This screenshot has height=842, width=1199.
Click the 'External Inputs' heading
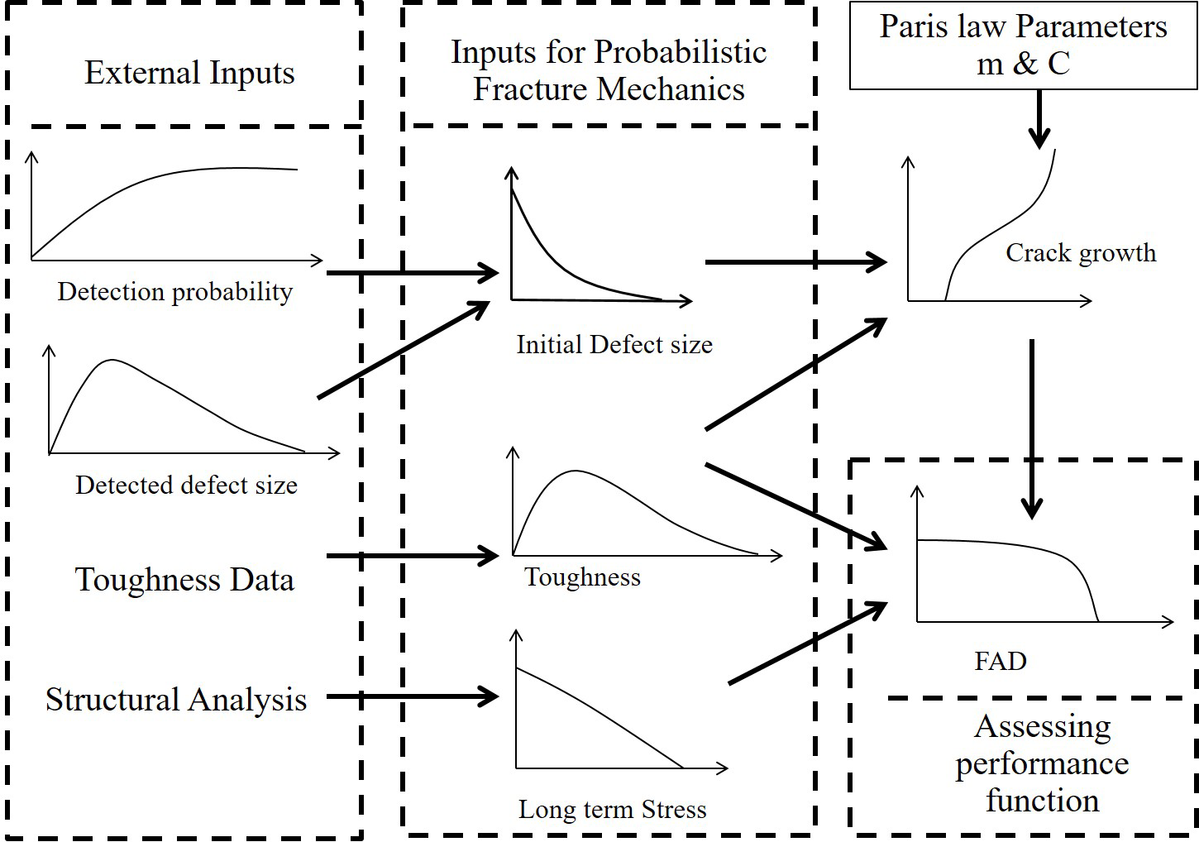(x=189, y=73)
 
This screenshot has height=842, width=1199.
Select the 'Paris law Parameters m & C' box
(x=1023, y=45)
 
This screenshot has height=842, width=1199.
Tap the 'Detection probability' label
(x=174, y=292)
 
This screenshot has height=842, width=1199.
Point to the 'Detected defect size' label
(x=186, y=485)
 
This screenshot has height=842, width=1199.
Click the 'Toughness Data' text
(x=184, y=580)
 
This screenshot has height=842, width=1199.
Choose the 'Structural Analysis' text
(x=175, y=700)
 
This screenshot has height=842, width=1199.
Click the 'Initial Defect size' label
(x=614, y=344)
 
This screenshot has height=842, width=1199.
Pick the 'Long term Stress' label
(x=612, y=809)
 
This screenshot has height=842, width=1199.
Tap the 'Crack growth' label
(x=1080, y=253)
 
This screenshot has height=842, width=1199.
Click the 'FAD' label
(x=1001, y=661)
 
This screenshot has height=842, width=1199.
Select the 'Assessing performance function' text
(x=1042, y=763)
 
